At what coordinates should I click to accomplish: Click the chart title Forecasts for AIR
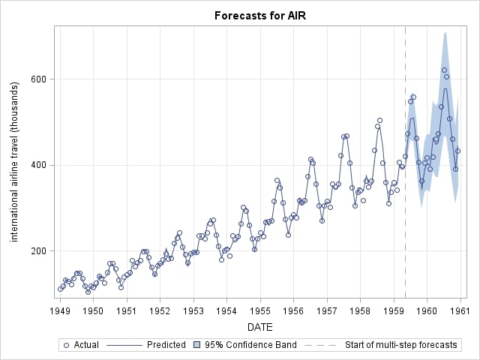click(260, 15)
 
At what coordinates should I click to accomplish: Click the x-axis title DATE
click(259, 327)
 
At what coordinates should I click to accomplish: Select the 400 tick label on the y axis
click(38, 165)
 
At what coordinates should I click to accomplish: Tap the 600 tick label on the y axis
click(38, 79)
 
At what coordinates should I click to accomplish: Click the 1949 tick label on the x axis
click(60, 310)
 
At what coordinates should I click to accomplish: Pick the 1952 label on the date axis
click(160, 310)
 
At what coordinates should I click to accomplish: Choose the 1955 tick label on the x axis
click(260, 310)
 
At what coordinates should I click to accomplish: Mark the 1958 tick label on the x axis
click(360, 310)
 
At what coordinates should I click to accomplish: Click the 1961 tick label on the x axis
click(460, 310)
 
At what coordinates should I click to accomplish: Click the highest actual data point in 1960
click(444, 70)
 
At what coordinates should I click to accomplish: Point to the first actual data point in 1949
click(60, 289)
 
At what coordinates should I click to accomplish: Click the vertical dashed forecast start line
click(405, 187)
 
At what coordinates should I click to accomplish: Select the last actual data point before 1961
click(457, 151)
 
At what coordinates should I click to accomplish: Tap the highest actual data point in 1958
click(379, 120)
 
